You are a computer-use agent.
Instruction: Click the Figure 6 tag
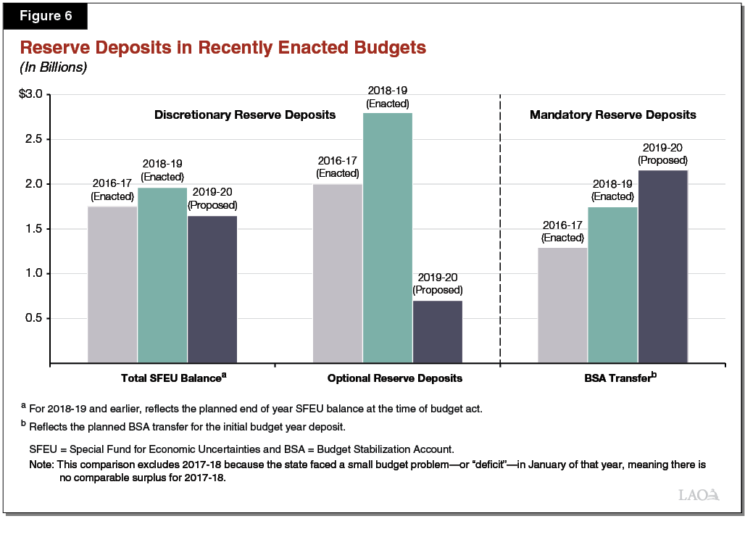pos(46,14)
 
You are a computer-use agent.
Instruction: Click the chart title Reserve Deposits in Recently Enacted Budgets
pos(222,48)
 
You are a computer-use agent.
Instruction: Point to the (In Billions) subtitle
pos(53,67)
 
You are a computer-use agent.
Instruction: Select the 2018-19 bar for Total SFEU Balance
pos(162,275)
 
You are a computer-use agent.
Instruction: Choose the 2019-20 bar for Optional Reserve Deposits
pos(437,331)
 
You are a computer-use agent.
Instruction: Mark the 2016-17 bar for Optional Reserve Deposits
pos(338,273)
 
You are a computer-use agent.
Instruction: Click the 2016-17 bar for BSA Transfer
pos(562,304)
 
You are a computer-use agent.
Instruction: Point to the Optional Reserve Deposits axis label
pos(394,378)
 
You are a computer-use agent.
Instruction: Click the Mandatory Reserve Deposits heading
pos(612,115)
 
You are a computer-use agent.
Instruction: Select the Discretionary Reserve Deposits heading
pos(245,115)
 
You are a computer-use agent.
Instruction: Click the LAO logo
pos(699,495)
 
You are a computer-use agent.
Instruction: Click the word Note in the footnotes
pos(41,463)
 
